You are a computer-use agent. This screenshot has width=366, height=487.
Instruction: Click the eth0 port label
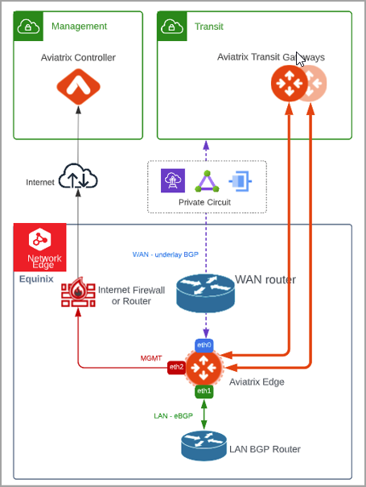pos(204,345)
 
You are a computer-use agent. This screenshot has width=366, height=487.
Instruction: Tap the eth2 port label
pos(175,367)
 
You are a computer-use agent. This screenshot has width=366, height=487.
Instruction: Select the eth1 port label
pos(204,390)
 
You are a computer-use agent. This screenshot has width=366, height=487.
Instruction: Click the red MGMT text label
pos(151,357)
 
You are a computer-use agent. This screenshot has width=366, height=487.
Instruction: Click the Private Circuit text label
pos(205,202)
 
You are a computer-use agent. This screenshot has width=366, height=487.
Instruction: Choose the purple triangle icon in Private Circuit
pos(205,180)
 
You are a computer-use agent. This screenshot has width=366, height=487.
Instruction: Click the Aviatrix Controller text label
pos(78,57)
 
